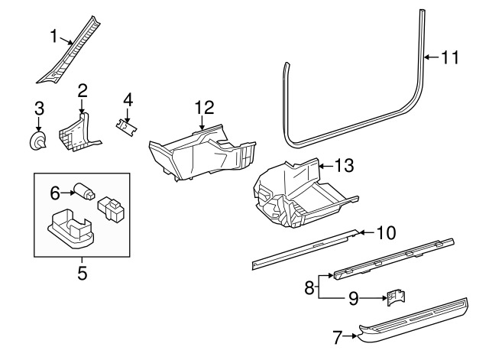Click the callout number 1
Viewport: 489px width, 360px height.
pyautogui.click(x=54, y=35)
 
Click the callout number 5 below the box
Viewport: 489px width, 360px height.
pyautogui.click(x=82, y=272)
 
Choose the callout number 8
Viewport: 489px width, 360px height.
pyautogui.click(x=309, y=288)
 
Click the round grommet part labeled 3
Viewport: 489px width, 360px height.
pyautogui.click(x=37, y=141)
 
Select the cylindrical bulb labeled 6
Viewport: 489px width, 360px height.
pyautogui.click(x=82, y=193)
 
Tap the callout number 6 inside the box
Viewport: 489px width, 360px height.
pyautogui.click(x=56, y=193)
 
